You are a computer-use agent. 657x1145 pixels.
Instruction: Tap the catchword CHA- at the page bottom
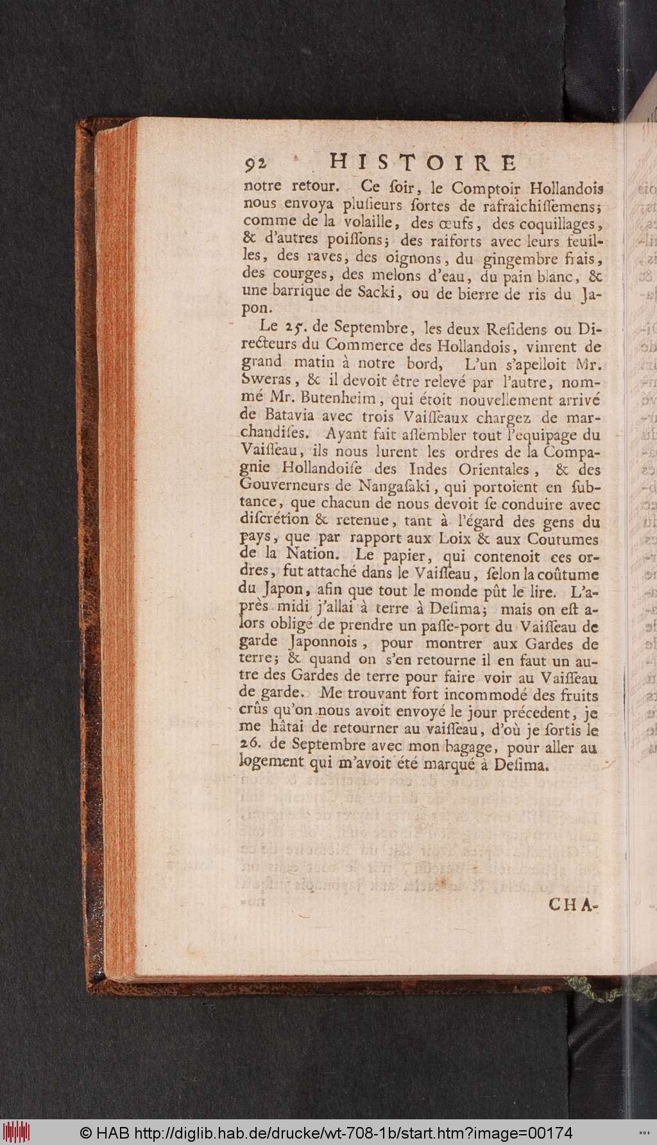[x=573, y=905]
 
